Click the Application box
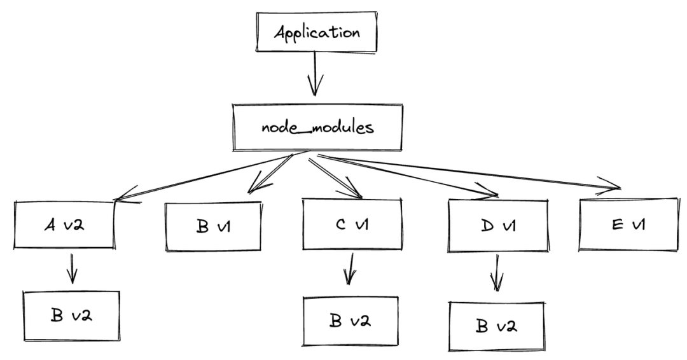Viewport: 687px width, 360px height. (316, 32)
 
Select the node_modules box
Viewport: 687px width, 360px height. (317, 127)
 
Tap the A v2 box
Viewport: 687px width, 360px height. (64, 225)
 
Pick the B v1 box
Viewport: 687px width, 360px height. (214, 226)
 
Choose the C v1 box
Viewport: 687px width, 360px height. (352, 225)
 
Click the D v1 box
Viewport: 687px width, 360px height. (497, 226)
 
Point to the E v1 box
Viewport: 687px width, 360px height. (628, 225)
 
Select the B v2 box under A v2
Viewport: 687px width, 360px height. (71, 315)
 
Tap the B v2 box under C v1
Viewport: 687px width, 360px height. (350, 321)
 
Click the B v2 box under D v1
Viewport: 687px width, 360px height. (497, 326)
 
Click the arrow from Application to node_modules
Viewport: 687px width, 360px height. (315, 74)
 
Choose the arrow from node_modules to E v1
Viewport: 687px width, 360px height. (469, 172)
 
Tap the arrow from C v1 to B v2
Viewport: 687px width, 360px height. (349, 269)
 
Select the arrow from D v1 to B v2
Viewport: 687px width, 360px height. (496, 272)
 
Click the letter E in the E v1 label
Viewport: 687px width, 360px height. (617, 225)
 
